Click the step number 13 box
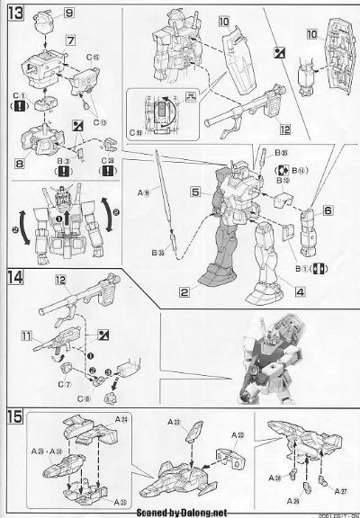pos(13,13)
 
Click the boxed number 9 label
pos(70,14)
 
